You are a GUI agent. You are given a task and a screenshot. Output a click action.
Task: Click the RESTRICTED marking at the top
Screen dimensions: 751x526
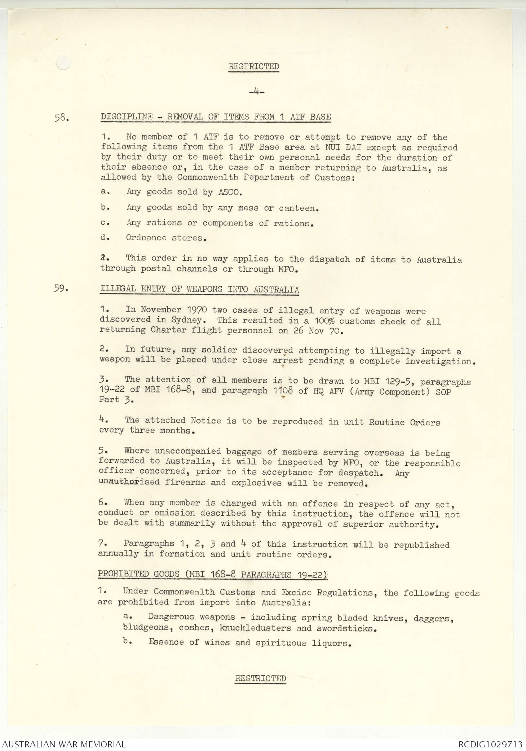pyautogui.click(x=253, y=67)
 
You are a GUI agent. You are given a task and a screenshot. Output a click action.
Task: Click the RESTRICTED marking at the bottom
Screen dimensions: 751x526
pyautogui.click(x=260, y=678)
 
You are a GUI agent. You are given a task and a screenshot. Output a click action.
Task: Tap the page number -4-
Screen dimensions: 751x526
pyautogui.click(x=256, y=92)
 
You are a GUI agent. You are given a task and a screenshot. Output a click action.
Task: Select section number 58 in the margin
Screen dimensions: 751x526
pyautogui.click(x=61, y=118)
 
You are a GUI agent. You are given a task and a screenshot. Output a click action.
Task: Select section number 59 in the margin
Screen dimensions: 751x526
pyautogui.click(x=61, y=289)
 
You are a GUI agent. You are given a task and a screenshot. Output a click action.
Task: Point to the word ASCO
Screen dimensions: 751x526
pyautogui.click(x=228, y=192)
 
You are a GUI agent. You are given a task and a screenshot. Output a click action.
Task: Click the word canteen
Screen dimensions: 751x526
pyautogui.click(x=299, y=208)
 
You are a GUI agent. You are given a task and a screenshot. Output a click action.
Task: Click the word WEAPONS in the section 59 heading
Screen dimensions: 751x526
pyautogui.click(x=204, y=289)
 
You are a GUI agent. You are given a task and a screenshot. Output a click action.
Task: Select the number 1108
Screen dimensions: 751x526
pyautogui.click(x=283, y=391)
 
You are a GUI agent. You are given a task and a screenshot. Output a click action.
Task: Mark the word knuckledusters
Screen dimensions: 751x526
pyautogui.click(x=255, y=628)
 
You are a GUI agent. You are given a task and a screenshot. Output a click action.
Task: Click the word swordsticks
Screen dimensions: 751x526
pyautogui.click(x=346, y=628)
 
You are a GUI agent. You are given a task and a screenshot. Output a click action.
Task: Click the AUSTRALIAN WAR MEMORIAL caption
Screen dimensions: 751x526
pyautogui.click(x=64, y=744)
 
